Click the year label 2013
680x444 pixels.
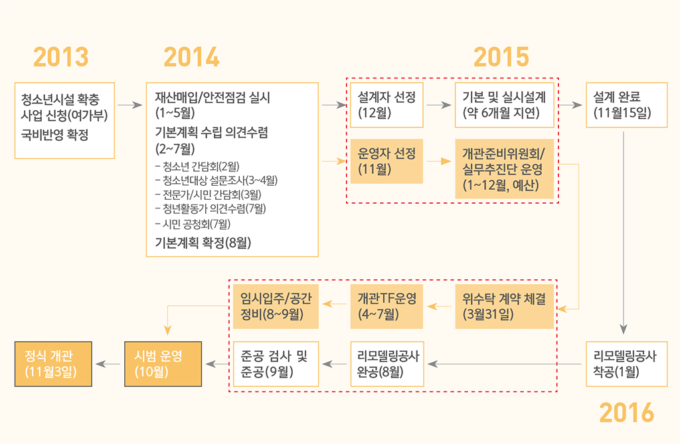pos(61,58)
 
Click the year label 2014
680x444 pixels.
pos(192,58)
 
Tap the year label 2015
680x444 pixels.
pos(501,58)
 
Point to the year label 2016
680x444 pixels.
pos(626,413)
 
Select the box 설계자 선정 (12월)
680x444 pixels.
pos(386,105)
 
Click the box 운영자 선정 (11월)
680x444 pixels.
pos(386,161)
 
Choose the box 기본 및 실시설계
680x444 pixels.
pos(505,105)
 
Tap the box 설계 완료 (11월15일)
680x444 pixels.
pos(626,105)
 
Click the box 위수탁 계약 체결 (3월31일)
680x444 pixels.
pos(505,306)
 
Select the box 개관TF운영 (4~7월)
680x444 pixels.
pos(386,306)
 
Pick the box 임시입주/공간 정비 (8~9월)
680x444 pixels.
pos(276,306)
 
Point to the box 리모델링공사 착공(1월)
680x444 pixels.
pos(626,364)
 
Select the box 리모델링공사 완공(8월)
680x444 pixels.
pos(386,364)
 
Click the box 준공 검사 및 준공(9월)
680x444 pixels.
pos(276,364)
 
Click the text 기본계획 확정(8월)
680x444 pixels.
pos(203,243)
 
